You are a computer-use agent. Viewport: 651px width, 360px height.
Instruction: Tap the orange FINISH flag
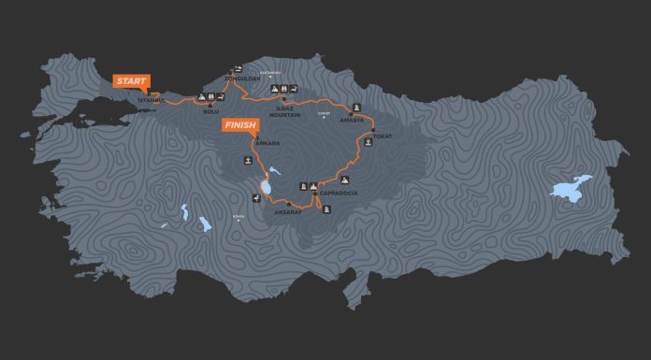pos(239,124)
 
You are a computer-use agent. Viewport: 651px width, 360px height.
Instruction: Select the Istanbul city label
pos(151,98)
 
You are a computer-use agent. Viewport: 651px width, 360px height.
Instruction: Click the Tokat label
pos(382,137)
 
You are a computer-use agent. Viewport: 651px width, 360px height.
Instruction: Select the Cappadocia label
pos(338,195)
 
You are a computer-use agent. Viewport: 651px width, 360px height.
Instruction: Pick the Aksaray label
pos(287,212)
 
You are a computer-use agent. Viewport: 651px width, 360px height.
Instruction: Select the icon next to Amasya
pos(356,106)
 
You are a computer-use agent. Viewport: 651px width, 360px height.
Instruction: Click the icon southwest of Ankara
pos(247,160)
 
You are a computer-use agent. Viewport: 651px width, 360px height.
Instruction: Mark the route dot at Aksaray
pos(289,204)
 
